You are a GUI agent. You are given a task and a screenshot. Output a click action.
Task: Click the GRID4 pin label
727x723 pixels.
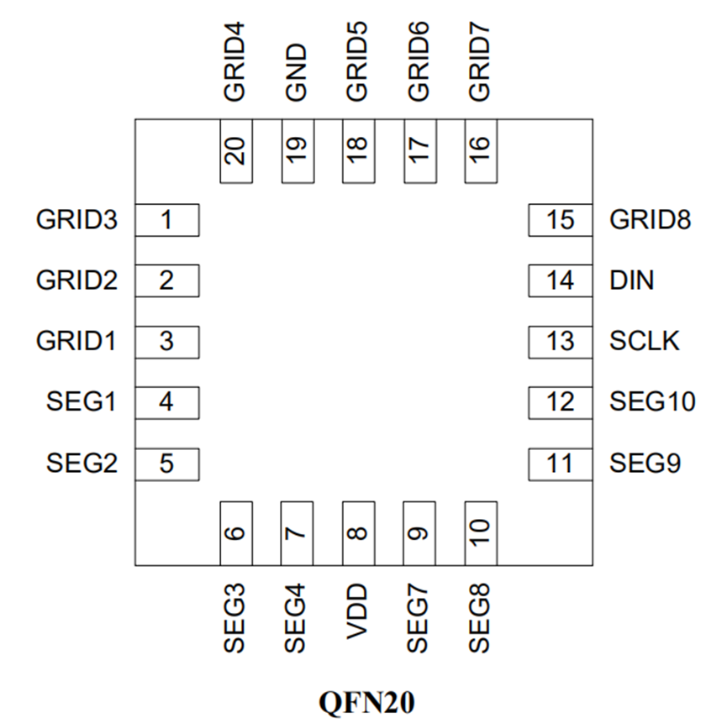click(234, 61)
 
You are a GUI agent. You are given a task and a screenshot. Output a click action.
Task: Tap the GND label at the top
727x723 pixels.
click(297, 72)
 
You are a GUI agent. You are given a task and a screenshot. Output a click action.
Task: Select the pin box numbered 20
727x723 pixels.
click(236, 151)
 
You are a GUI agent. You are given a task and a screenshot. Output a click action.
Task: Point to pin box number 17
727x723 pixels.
click(420, 151)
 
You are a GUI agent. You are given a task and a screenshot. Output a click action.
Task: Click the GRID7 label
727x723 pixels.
click(479, 61)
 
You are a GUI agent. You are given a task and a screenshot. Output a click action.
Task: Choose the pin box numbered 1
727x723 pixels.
click(167, 220)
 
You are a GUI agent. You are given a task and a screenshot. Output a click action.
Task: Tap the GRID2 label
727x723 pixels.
click(77, 280)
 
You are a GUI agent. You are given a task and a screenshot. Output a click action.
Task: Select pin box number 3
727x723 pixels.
click(167, 343)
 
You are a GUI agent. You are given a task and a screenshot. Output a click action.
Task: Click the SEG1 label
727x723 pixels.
click(82, 401)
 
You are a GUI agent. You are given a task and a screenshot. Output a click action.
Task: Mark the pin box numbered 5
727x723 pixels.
click(167, 464)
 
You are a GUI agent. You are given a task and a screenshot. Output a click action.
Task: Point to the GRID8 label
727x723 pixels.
click(650, 220)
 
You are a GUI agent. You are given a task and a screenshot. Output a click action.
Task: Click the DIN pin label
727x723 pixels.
click(631, 280)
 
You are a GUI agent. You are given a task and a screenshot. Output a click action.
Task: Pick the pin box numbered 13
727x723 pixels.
click(561, 343)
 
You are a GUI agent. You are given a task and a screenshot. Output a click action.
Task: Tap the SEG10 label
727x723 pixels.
click(652, 401)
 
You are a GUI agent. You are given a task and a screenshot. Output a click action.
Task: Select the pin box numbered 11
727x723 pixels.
click(561, 464)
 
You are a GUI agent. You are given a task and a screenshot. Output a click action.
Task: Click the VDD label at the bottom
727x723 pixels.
click(357, 612)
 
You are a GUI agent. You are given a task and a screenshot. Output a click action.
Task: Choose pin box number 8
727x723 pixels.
click(359, 533)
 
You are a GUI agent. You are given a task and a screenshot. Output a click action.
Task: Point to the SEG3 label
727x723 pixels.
click(234, 618)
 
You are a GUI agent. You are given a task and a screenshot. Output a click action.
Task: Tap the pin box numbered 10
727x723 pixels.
click(481, 533)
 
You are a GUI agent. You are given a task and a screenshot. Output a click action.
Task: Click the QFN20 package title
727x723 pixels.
click(366, 703)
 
